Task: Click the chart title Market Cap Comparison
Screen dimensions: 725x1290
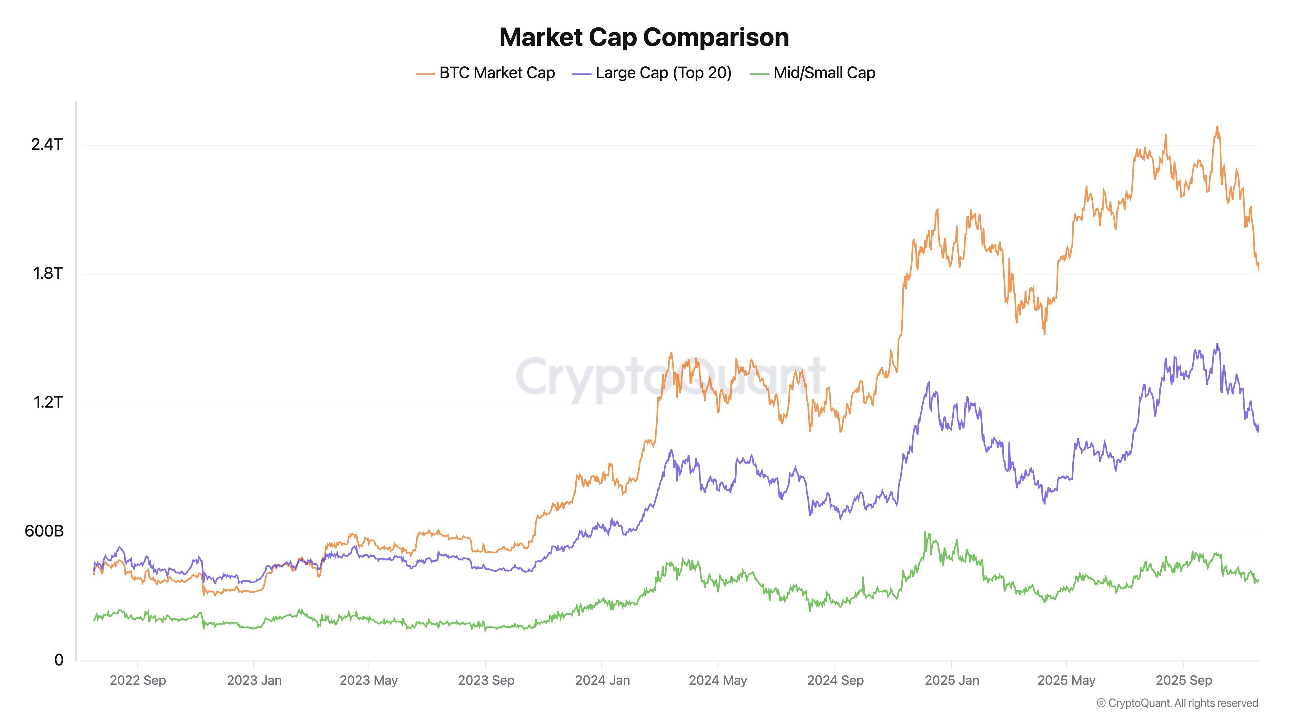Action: pos(644,37)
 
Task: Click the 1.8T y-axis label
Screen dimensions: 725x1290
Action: pos(48,273)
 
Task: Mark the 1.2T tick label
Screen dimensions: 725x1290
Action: pos(48,402)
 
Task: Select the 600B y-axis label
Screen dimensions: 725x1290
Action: pos(44,531)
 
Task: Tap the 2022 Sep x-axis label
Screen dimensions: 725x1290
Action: pos(138,681)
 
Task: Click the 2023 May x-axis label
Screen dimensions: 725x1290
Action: pos(369,681)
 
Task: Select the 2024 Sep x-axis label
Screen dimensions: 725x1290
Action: pos(835,681)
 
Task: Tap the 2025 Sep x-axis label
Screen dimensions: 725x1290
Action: pos(1183,681)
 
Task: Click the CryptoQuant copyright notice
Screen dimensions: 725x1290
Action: pos(1177,703)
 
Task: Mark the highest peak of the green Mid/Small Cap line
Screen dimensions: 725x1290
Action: pos(925,532)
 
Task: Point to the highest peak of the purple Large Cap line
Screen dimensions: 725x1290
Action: pos(1217,344)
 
